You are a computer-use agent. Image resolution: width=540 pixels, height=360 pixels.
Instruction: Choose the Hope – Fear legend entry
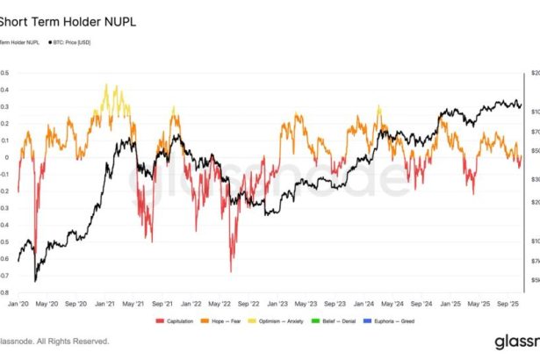tap(227, 321)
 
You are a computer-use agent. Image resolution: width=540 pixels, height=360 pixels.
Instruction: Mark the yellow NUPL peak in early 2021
tap(107, 85)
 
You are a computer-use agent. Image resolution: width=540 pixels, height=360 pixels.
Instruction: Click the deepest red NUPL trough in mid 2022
tap(232, 271)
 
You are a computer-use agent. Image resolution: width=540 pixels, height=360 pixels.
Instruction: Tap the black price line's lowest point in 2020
tap(35, 281)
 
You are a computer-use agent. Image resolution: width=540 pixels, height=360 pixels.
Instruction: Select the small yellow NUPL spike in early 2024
tap(379, 107)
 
